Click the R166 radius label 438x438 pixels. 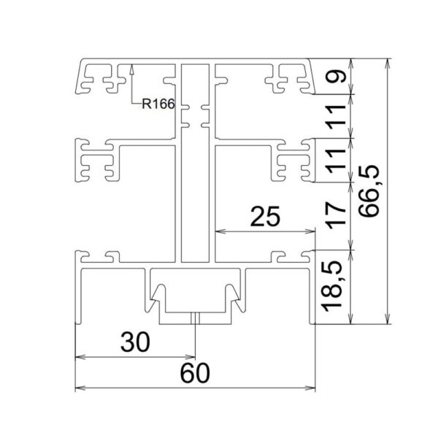click(158, 104)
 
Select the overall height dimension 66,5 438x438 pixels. click(369, 191)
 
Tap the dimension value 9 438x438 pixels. click(337, 76)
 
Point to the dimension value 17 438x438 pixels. click(337, 215)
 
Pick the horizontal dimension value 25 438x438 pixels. click(265, 216)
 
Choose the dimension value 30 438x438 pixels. click(135, 342)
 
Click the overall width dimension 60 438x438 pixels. click(195, 373)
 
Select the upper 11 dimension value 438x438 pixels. click(337, 117)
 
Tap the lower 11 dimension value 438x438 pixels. click(337, 161)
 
